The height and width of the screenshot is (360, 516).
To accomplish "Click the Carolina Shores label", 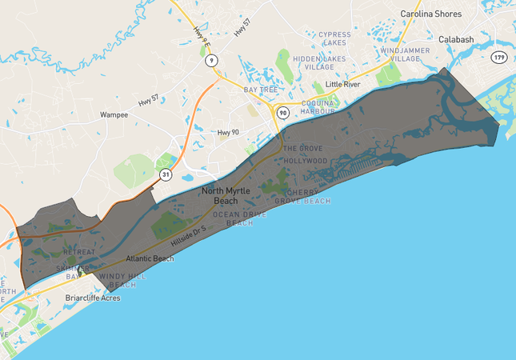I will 430,14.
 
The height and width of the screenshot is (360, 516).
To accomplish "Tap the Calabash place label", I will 456,39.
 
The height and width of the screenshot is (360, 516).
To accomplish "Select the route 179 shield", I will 500,58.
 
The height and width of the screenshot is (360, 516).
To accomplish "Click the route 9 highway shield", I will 210,60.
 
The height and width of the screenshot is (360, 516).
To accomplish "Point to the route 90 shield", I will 283,113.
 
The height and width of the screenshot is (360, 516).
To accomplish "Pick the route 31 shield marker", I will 165,174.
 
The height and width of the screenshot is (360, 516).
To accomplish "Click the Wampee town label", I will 114,114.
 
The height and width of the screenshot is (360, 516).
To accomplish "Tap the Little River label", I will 343,84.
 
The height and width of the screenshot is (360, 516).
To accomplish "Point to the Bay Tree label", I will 260,90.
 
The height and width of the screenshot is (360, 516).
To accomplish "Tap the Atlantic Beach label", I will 150,258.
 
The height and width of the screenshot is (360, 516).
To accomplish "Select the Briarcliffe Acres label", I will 92,298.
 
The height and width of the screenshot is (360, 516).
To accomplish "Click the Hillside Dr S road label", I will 190,234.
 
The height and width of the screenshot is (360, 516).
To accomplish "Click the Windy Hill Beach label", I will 123,280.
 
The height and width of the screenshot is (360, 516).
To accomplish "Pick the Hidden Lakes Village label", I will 319,62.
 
